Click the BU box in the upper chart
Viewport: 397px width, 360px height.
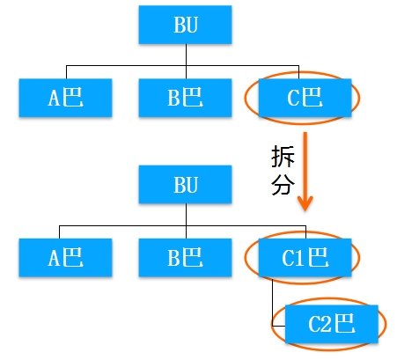point(185,25)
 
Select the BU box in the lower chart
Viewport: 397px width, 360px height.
point(185,185)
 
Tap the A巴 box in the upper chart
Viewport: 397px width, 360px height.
point(65,98)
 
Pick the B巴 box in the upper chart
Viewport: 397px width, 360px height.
point(185,98)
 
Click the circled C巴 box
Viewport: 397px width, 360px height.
point(305,98)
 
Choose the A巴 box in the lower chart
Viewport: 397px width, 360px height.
point(65,258)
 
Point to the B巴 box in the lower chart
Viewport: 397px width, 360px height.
point(185,258)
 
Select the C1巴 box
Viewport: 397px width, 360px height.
point(305,258)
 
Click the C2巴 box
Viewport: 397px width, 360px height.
point(332,324)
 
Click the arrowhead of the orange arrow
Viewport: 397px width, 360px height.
point(305,203)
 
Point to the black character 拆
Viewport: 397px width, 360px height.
point(283,157)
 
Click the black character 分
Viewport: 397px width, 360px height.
point(283,184)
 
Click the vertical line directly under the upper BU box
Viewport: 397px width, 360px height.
point(186,62)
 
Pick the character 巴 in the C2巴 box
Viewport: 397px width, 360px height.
point(345,323)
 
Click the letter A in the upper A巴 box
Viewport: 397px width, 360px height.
point(55,98)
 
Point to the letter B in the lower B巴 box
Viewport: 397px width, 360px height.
point(173,258)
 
